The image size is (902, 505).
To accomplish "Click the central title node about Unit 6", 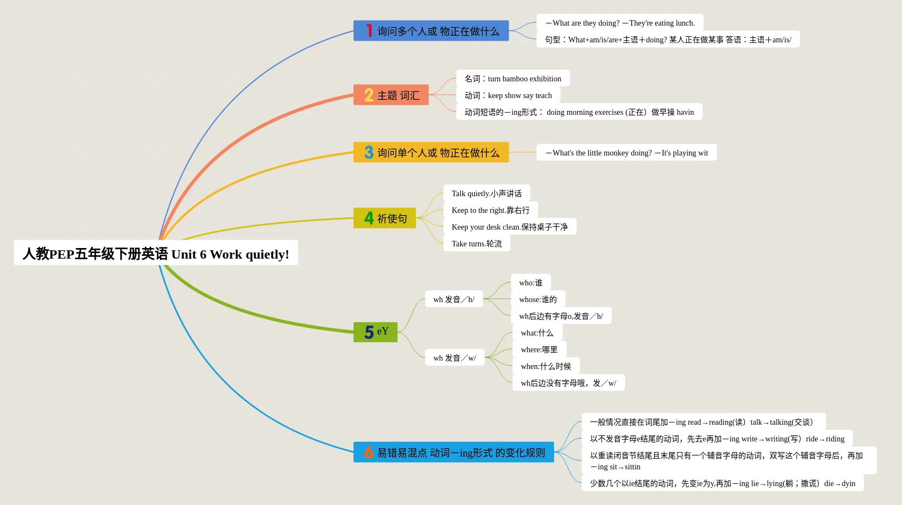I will coord(156,253).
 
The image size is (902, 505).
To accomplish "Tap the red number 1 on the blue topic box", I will coord(369,31).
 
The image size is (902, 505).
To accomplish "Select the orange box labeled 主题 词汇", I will coord(391,95).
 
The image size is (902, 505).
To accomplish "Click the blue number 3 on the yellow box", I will coord(369,152).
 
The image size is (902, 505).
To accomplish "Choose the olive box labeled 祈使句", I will coord(385,218).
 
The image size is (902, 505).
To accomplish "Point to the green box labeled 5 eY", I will coord(376,332).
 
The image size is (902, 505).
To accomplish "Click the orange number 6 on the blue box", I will coord(369,452).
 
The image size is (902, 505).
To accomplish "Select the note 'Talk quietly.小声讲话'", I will coord(486,193).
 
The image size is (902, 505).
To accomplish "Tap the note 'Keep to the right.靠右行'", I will coord(490,210).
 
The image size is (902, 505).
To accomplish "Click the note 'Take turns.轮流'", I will coord(476,244).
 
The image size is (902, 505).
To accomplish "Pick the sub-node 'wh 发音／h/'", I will coord(454,299).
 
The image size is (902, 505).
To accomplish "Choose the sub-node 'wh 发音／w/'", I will coord(455,358).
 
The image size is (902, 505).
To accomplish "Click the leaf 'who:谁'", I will coord(530,283).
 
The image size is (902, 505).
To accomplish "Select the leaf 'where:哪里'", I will coord(539,349).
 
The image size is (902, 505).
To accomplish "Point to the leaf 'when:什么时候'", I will coord(545,366).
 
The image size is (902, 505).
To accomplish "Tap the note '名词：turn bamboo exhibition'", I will coord(513,79).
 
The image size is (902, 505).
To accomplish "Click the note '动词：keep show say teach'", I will coord(508,95).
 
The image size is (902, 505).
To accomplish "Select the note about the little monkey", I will coord(626,153).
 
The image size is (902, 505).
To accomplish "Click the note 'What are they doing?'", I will coord(620,23).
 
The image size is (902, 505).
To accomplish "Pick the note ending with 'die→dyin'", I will coord(722,483).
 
